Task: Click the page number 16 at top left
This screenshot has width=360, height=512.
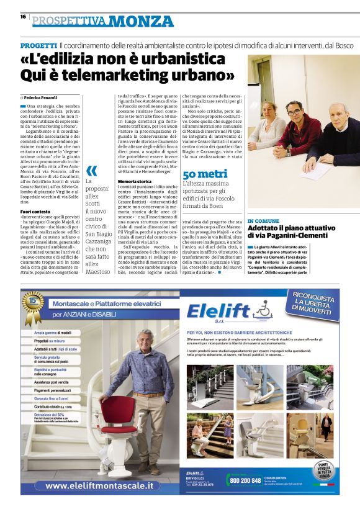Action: [23, 17]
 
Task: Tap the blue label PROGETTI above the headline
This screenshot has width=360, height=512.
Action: [38, 46]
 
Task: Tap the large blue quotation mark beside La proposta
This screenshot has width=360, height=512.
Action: [91, 170]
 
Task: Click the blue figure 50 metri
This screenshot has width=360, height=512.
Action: [205, 173]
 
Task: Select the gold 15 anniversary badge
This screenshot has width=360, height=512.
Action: [32, 306]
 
